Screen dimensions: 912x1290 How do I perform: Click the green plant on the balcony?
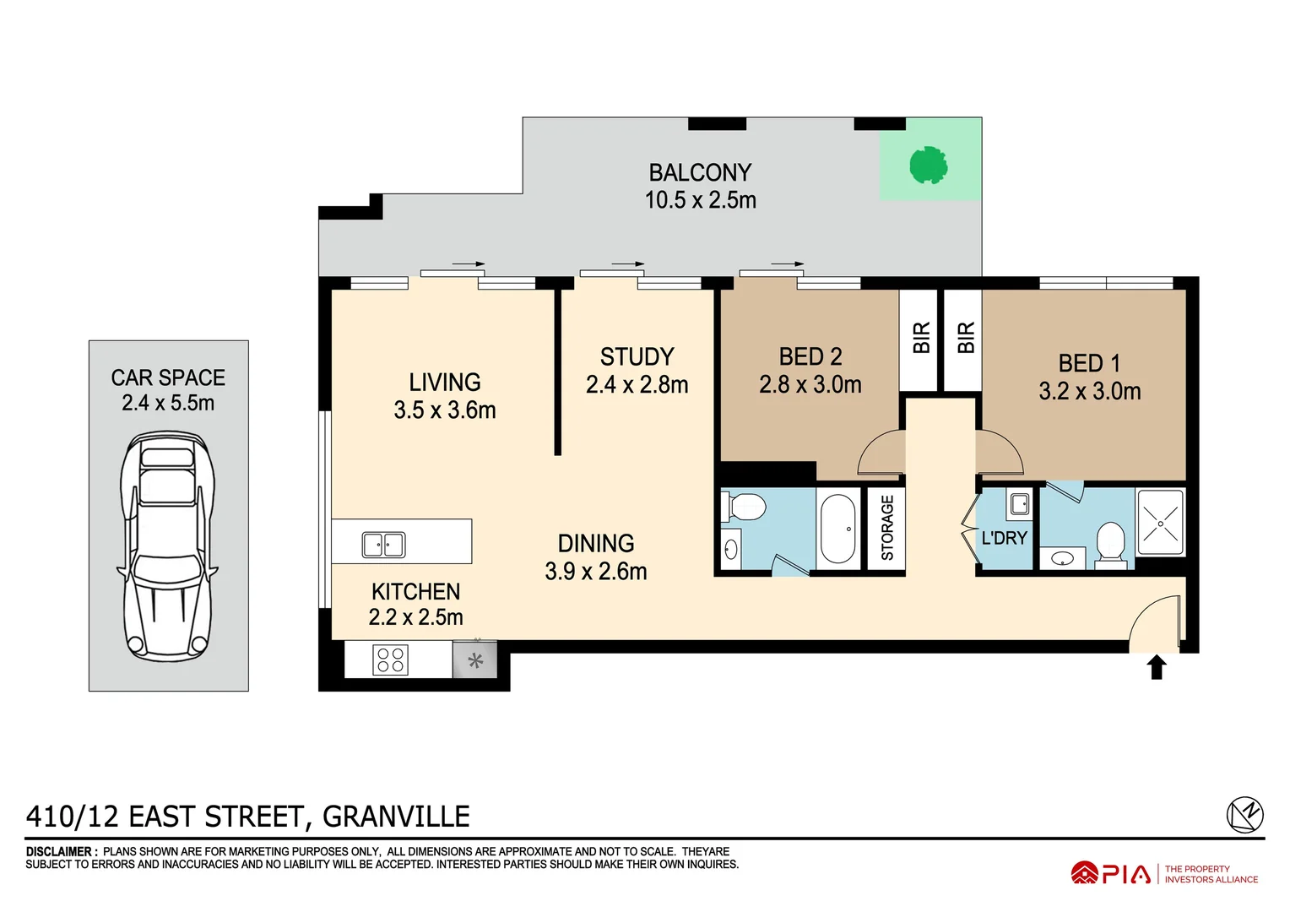click(928, 165)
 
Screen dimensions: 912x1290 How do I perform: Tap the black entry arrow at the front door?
click(1157, 666)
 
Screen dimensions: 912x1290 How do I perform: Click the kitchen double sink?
click(383, 545)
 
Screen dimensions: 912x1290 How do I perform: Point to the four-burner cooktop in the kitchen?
click(390, 660)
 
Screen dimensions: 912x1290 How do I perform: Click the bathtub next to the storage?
click(837, 529)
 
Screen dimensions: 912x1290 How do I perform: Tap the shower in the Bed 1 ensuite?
click(1161, 523)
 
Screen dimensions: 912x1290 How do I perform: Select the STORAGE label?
click(887, 528)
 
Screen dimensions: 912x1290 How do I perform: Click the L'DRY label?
click(1004, 538)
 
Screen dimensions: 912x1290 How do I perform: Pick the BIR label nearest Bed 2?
click(921, 338)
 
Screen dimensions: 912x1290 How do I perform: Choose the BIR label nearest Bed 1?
click(965, 338)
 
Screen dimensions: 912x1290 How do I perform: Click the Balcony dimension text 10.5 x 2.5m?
click(700, 200)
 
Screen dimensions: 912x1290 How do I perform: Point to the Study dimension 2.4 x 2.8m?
click(637, 385)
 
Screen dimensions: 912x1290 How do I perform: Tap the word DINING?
click(596, 543)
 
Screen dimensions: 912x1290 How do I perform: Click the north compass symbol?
click(1244, 815)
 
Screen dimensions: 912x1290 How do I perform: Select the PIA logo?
click(1112, 873)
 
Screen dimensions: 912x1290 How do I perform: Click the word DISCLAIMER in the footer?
click(59, 851)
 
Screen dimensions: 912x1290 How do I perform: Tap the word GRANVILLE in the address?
click(396, 817)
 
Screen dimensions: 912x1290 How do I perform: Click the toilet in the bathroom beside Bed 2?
click(745, 508)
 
